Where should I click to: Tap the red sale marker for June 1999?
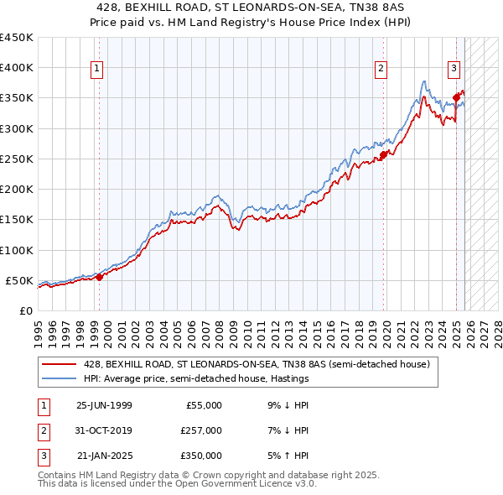pos(99,277)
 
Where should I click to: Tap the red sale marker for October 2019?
pos(382,154)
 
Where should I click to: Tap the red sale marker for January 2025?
pos(456,97)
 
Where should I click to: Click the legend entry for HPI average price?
pos(196,378)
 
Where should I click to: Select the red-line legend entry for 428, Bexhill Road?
pos(257,364)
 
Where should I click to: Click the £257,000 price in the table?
pos(201,430)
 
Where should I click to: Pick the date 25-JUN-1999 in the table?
pos(104,404)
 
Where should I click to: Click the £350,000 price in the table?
pos(201,455)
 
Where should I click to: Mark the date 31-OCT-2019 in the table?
pos(104,430)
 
